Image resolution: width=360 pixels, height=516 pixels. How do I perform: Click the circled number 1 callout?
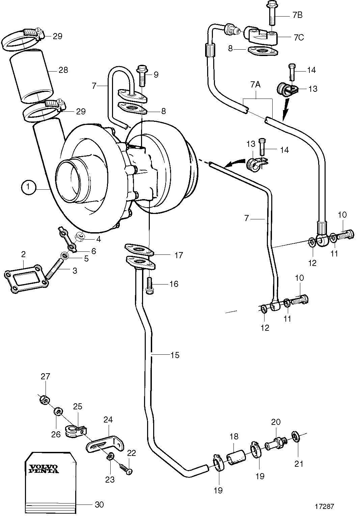point(28,187)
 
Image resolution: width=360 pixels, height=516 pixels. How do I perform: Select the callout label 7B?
point(297,15)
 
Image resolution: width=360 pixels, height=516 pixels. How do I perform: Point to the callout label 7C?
point(299,37)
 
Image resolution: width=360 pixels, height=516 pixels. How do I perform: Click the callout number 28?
point(63,70)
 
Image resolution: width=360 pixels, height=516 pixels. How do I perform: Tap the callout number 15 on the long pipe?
point(175,355)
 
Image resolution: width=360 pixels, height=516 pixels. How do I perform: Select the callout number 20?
point(276,422)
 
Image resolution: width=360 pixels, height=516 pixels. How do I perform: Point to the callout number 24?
point(108,420)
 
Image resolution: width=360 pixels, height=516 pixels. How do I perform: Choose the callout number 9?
point(156,75)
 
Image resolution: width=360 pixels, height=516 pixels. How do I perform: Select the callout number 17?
point(178,255)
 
